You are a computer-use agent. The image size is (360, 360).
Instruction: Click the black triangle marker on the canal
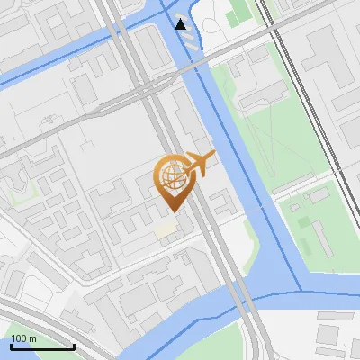(x=182, y=24)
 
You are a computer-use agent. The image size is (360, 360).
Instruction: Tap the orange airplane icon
(x=198, y=165)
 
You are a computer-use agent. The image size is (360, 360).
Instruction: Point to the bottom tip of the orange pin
(x=171, y=211)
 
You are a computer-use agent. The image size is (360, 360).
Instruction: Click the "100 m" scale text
(x=24, y=338)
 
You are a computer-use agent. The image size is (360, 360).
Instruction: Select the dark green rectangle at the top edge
(x=238, y=14)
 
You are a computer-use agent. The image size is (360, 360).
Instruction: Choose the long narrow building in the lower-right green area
(x=319, y=238)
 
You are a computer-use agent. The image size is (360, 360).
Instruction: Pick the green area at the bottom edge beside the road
(x=225, y=346)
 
